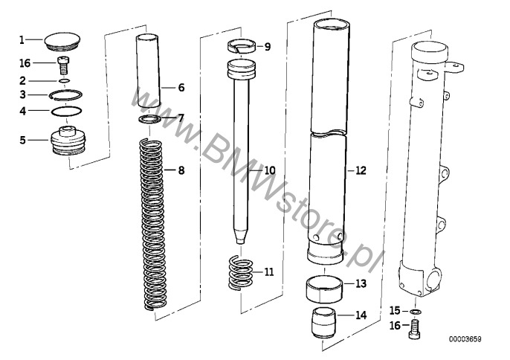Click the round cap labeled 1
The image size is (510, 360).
click(x=62, y=42)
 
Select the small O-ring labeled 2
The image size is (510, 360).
click(x=65, y=80)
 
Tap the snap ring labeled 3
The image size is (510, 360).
click(x=65, y=95)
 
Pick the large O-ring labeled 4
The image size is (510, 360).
click(x=66, y=111)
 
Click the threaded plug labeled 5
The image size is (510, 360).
click(x=68, y=141)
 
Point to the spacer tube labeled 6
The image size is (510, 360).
click(x=149, y=71)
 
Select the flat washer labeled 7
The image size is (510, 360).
click(x=149, y=119)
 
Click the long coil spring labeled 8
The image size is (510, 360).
click(x=153, y=224)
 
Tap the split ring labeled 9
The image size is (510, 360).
click(x=241, y=46)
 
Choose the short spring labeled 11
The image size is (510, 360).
click(x=240, y=274)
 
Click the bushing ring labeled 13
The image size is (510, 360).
click(x=325, y=289)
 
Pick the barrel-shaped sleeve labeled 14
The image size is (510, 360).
click(x=323, y=323)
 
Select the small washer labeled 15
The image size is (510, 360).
click(x=416, y=312)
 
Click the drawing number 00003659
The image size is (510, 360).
click(x=465, y=339)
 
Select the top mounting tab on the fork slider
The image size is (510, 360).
click(x=454, y=68)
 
